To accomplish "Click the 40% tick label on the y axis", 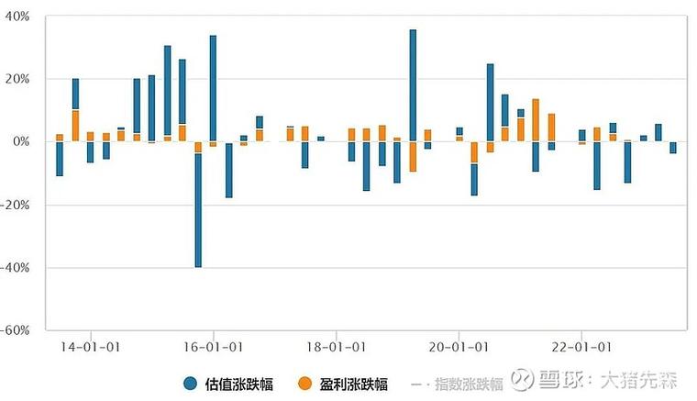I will click(18, 17).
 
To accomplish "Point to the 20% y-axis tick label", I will click(18, 79).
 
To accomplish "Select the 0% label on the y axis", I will click(22, 141).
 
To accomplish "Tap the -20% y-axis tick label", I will click(17, 205).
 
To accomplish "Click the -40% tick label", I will click(17, 267).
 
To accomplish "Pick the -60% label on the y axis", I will click(17, 329).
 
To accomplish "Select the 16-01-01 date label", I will click(213, 348).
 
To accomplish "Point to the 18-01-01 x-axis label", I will click(336, 348).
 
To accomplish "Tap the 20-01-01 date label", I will click(458, 348).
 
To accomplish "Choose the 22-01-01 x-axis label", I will click(581, 348).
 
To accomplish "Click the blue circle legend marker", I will click(191, 384).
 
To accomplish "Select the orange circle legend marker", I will click(305, 384).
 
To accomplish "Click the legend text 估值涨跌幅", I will click(240, 384).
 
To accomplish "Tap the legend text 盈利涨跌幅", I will click(355, 384).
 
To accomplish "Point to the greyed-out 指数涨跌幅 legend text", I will click(469, 384).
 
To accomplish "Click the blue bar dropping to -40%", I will click(198, 210).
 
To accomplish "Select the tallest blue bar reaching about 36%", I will click(413, 84).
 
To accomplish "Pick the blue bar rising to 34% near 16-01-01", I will click(213, 87).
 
